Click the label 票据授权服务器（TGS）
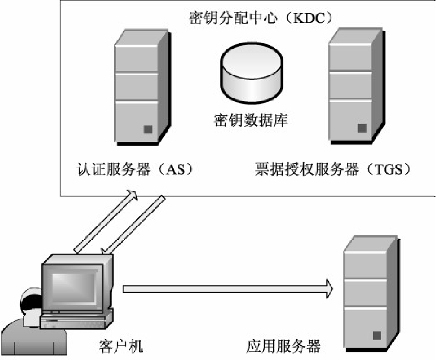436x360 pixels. pyautogui.click(x=333, y=170)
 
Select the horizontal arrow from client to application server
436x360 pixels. pyautogui.click(x=226, y=289)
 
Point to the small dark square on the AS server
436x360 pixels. pyautogui.click(x=147, y=129)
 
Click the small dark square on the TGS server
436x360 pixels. pyautogui.click(x=362, y=128)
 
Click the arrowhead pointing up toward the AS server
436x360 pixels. pyautogui.click(x=130, y=195)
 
